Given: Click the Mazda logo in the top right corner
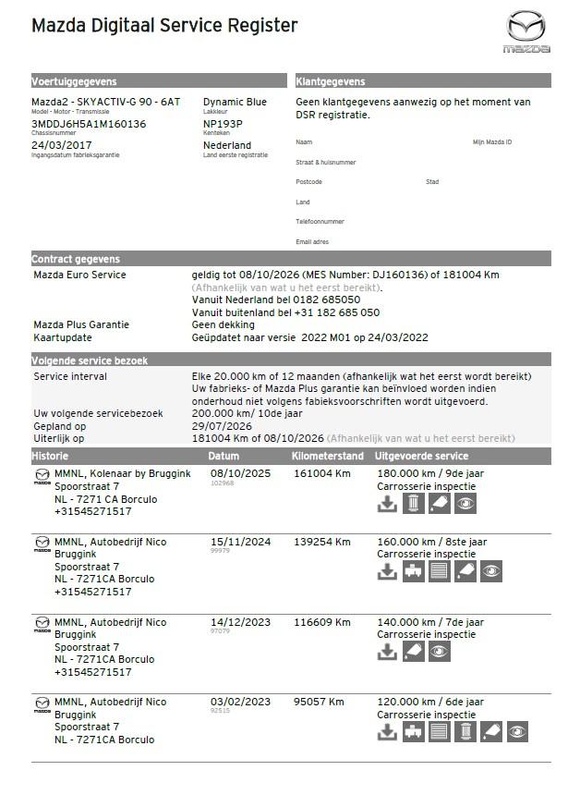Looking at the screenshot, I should [x=526, y=32].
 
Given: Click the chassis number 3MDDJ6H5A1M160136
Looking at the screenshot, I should [x=89, y=124].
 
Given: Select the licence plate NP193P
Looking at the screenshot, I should [x=223, y=124].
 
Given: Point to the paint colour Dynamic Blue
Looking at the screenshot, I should [x=235, y=102].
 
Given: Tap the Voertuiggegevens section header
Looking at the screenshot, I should [x=75, y=81].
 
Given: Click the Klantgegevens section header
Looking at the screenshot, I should [x=331, y=81].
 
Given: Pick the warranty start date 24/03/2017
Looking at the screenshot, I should [x=62, y=145].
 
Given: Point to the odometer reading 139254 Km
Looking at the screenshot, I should [x=322, y=542].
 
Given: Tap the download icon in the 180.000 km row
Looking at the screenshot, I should [x=388, y=504].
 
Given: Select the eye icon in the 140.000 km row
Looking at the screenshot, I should [x=440, y=652].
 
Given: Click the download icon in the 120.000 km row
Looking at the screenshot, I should [x=388, y=732].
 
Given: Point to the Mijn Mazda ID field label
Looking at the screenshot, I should [x=492, y=142].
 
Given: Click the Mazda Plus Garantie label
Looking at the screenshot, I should [x=81, y=324].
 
